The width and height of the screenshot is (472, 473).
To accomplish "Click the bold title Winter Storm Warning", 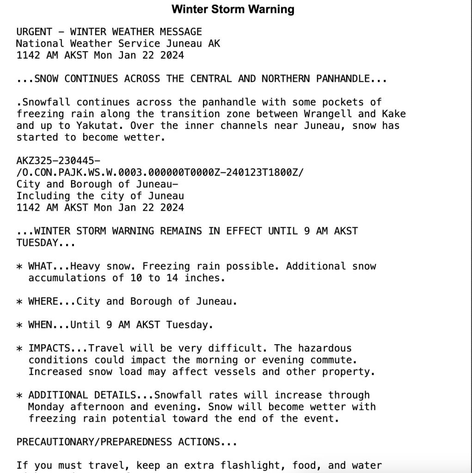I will tap(233, 9).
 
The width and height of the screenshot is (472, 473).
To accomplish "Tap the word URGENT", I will tap(34, 32).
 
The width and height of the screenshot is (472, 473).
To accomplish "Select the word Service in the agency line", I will tap(139, 44).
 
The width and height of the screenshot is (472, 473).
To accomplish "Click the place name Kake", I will tap(394, 114).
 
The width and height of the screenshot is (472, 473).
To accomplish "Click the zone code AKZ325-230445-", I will tap(58, 161).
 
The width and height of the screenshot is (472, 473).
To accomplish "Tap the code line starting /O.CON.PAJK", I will tap(160, 173).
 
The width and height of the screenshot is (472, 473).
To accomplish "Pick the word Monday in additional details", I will tap(46, 407).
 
